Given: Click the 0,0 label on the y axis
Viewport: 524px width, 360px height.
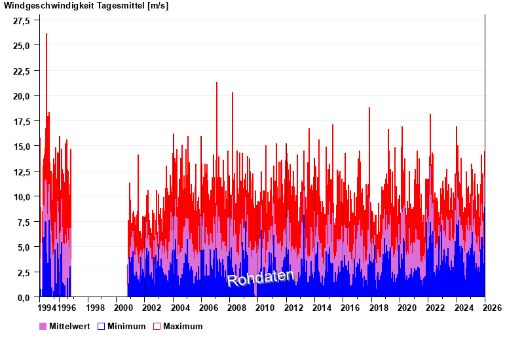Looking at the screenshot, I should pos(24,297).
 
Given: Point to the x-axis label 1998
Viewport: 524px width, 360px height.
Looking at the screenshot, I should pos(95,308).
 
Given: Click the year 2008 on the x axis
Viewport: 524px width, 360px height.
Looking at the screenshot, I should pos(237,308).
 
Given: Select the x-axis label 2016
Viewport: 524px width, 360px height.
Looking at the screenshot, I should pos(350,308).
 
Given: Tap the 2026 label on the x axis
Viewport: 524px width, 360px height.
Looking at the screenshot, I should pos(492,308).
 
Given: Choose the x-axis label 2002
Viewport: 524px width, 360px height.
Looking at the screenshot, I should pos(152,308).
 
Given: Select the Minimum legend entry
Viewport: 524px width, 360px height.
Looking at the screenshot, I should pos(126,326).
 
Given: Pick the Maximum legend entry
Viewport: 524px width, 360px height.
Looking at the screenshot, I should pos(183,326).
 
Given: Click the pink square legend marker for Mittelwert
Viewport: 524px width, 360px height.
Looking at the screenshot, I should pos(43,326).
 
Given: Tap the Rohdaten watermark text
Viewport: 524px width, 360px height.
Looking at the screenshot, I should pos(260,278).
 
